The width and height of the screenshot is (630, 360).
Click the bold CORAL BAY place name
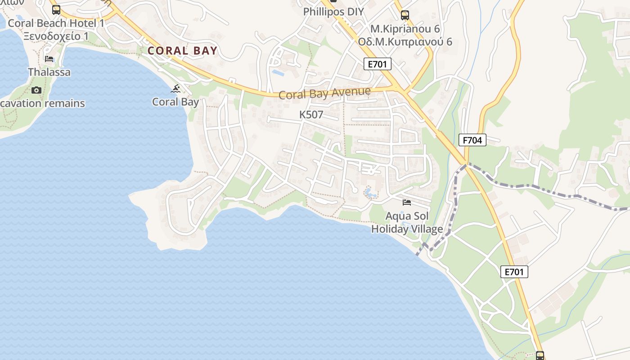pos(182,51)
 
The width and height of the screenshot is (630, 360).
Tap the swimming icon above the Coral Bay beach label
pos(175,89)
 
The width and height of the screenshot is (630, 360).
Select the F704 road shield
pos(472,140)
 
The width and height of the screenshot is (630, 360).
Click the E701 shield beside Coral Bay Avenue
pos(377,64)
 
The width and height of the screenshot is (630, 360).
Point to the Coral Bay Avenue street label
pos(324,93)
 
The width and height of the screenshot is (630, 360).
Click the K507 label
pos(311,115)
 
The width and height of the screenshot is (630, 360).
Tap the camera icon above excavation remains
pos(36,90)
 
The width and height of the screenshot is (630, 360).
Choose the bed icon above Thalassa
pos(49,58)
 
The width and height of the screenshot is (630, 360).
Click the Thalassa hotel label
pos(49,72)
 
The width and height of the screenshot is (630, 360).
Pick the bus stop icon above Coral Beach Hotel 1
pos(56,9)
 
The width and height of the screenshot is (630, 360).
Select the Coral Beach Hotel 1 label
pos(56,23)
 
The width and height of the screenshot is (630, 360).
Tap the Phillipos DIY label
pos(333,12)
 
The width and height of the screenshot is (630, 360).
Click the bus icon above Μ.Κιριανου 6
pos(405,15)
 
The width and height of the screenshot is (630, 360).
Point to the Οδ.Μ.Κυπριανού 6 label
pos(405,42)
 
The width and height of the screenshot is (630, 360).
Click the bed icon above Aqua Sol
pos(407,202)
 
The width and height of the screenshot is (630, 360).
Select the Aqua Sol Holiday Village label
pos(407,223)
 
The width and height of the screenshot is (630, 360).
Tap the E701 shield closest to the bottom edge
pos(514,271)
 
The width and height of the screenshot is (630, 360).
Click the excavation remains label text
pos(43,103)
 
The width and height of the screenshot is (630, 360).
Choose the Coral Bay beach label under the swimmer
pos(175,102)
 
